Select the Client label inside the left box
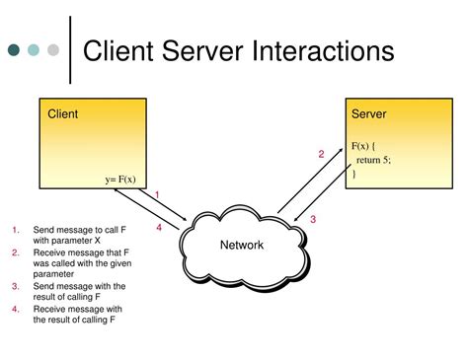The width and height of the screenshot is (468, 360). click(63, 114)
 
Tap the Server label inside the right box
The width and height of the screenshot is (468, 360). click(368, 114)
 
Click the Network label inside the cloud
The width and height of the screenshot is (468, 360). click(241, 245)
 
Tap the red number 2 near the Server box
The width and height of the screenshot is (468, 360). click(320, 154)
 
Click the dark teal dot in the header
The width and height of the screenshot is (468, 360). click(16, 48)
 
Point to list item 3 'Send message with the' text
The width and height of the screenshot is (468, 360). click(79, 286)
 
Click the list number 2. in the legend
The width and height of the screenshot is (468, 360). click(16, 252)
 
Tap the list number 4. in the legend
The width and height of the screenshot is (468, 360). click(16, 309)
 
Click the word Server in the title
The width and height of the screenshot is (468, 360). click(209, 51)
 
